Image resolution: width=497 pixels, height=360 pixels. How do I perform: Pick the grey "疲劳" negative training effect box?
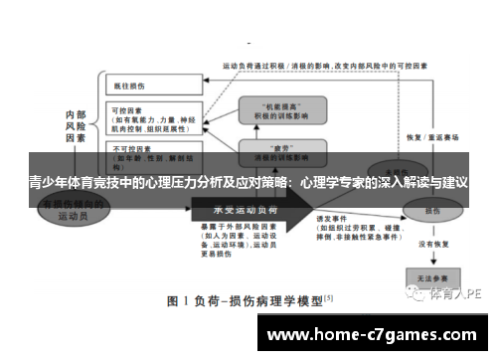pos(280,152)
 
